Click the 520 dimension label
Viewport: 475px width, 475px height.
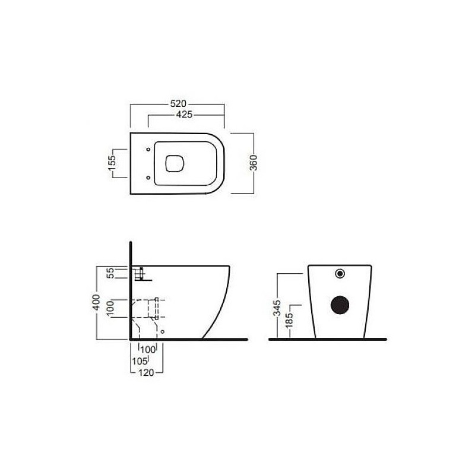click(178, 103)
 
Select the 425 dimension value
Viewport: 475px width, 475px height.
click(184, 114)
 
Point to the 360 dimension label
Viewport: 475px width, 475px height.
click(254, 163)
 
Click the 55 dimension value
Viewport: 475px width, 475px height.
click(111, 273)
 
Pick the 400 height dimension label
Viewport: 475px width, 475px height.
click(96, 302)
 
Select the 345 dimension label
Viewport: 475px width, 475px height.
click(277, 308)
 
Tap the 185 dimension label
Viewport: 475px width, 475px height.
click(289, 321)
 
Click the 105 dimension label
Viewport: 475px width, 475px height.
click(140, 361)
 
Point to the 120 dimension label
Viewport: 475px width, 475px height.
click(146, 373)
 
